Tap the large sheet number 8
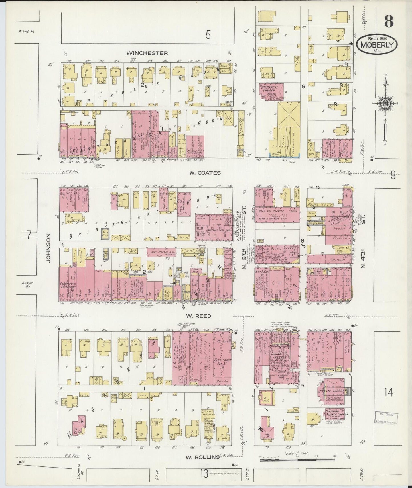click(389, 21)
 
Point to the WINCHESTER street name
click(147, 53)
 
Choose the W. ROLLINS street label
click(203, 457)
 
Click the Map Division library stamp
click(385, 418)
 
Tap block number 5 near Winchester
click(208, 35)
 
